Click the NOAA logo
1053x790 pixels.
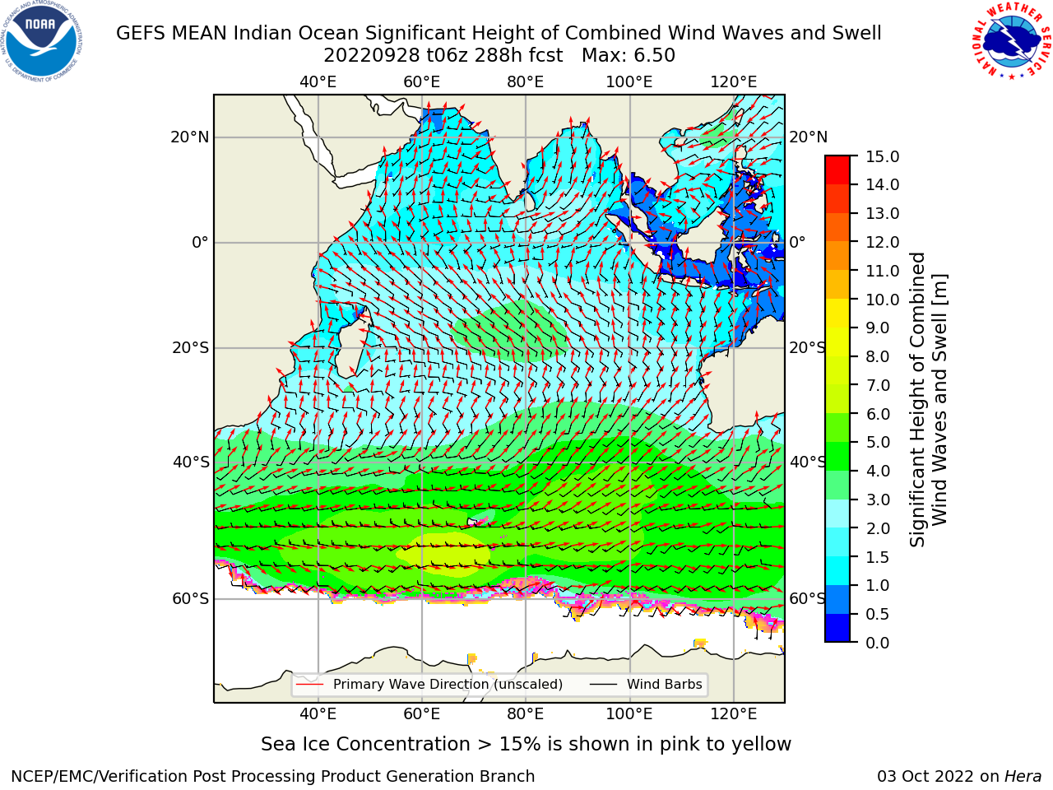click(x=42, y=41)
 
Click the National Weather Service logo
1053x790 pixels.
click(x=1011, y=41)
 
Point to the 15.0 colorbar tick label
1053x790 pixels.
click(x=882, y=156)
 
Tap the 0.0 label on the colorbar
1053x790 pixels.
click(x=878, y=643)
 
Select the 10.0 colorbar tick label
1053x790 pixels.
click(x=882, y=300)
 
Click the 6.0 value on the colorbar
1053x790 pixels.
click(x=878, y=414)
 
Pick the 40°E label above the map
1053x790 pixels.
click(x=318, y=82)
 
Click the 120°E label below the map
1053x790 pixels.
click(x=734, y=713)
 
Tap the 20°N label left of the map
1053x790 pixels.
click(x=190, y=137)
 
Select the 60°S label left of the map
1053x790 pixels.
click(x=191, y=598)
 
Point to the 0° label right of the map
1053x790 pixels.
click(x=797, y=242)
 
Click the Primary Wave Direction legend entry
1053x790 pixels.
click(x=429, y=684)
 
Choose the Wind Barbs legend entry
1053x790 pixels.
click(x=646, y=684)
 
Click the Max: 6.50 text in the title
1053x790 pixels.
click(x=629, y=56)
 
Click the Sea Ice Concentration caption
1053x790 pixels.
click(x=526, y=745)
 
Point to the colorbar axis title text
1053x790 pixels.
click(x=929, y=399)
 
